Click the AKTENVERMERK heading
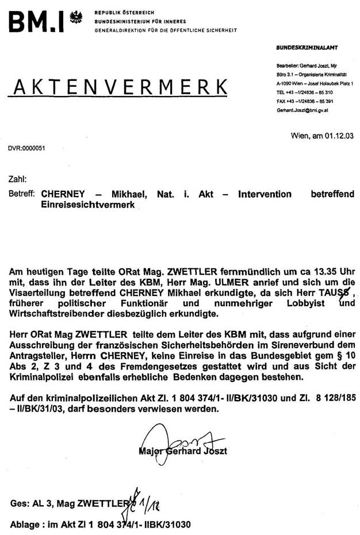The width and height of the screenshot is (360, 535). pyautogui.click(x=118, y=87)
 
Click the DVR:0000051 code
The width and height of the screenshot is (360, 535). pyautogui.click(x=26, y=148)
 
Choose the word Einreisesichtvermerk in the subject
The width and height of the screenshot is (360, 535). pyautogui.click(x=87, y=205)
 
